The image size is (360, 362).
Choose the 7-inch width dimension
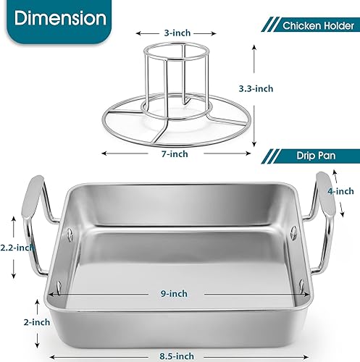coord(176,153)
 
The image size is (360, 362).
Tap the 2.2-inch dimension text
coord(16,247)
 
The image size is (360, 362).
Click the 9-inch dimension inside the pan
coord(174,293)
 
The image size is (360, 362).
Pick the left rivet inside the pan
coord(68,234)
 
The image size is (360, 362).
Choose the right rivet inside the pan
coord(295,232)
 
